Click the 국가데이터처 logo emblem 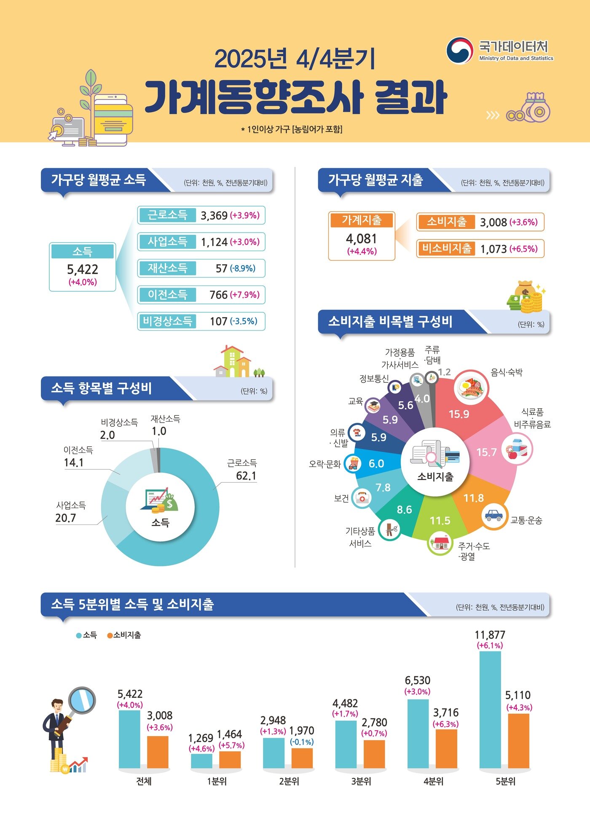tap(459, 51)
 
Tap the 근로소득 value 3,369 tap(214, 215)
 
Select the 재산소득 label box tap(167, 268)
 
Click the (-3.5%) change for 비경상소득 tap(244, 321)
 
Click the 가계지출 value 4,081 tap(362, 239)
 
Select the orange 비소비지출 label tap(446, 248)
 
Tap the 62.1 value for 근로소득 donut tap(246, 476)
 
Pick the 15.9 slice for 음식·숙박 tap(459, 414)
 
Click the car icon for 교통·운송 tap(493, 515)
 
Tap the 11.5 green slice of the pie tap(440, 521)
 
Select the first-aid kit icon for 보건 tap(362, 498)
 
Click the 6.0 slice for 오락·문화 tap(376, 464)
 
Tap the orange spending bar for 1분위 tap(230, 760)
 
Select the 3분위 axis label tap(361, 781)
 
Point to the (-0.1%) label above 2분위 tap(302, 742)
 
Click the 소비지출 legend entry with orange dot tap(124, 635)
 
